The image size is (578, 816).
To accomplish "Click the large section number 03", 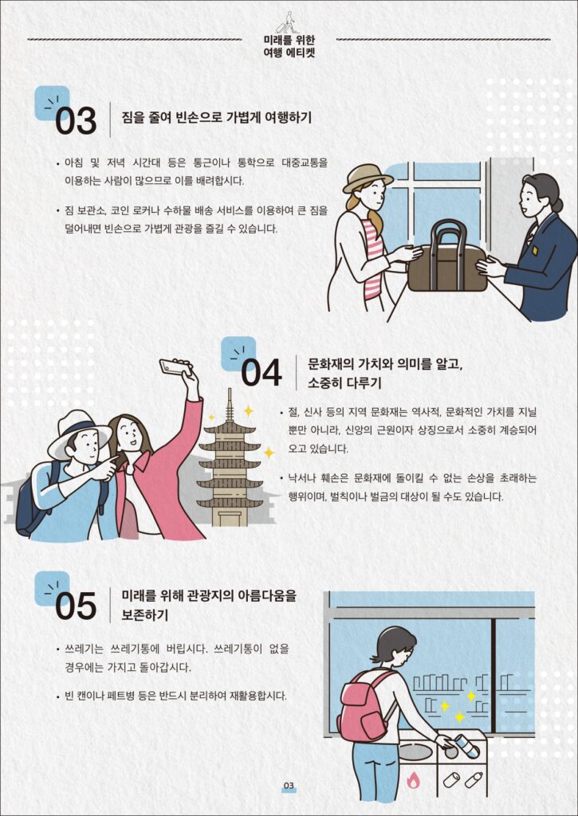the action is [x=76, y=120].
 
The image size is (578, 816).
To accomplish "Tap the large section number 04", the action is [x=261, y=373].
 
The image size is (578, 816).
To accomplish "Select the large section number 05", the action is [x=76, y=606].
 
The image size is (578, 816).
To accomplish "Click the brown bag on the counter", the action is [x=447, y=257].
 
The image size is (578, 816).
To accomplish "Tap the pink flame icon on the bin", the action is [x=413, y=779].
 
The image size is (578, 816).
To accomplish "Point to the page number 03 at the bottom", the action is [x=289, y=785].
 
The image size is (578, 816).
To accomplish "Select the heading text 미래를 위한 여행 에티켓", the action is [x=289, y=46].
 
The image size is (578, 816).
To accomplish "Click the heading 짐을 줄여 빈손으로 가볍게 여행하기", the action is [x=217, y=117].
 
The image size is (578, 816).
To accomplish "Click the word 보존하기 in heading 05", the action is [x=145, y=615].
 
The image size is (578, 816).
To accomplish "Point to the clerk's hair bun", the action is [x=557, y=205].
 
